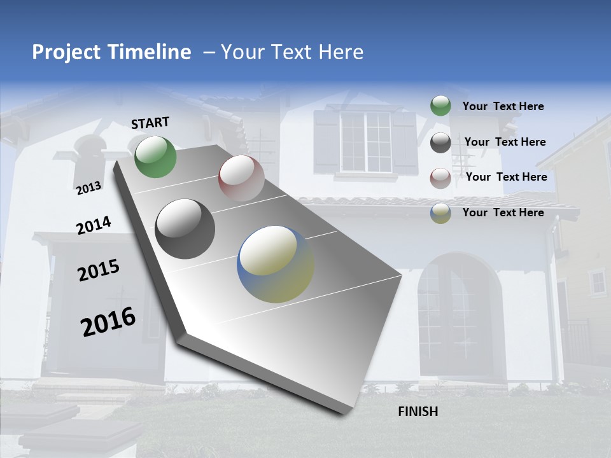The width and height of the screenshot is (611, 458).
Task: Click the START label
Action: tap(150, 123)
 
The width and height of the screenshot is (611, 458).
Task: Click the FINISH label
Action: tap(418, 412)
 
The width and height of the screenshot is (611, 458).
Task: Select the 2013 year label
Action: tap(88, 188)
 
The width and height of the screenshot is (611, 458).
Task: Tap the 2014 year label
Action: tap(94, 226)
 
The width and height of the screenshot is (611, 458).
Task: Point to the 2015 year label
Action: tap(99, 271)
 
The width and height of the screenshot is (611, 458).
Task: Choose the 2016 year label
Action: tap(108, 322)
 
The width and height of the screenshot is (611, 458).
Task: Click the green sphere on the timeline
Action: tap(155, 156)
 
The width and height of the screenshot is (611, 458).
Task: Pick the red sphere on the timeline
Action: tap(241, 178)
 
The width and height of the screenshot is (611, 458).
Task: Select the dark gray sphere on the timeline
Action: tap(185, 229)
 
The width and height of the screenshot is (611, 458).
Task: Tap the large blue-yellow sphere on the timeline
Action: tap(276, 264)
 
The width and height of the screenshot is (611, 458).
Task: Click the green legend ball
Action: tap(440, 106)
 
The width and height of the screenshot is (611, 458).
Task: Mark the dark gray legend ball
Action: tap(440, 142)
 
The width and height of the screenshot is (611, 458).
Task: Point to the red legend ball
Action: tap(440, 177)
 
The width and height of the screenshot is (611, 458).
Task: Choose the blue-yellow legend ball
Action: tap(440, 213)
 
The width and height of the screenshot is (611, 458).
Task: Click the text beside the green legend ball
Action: tap(503, 106)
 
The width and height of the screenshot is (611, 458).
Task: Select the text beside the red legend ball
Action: tap(506, 177)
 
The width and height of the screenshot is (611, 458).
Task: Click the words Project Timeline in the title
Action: tap(111, 52)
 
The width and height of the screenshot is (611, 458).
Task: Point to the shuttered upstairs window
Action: tap(365, 141)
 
